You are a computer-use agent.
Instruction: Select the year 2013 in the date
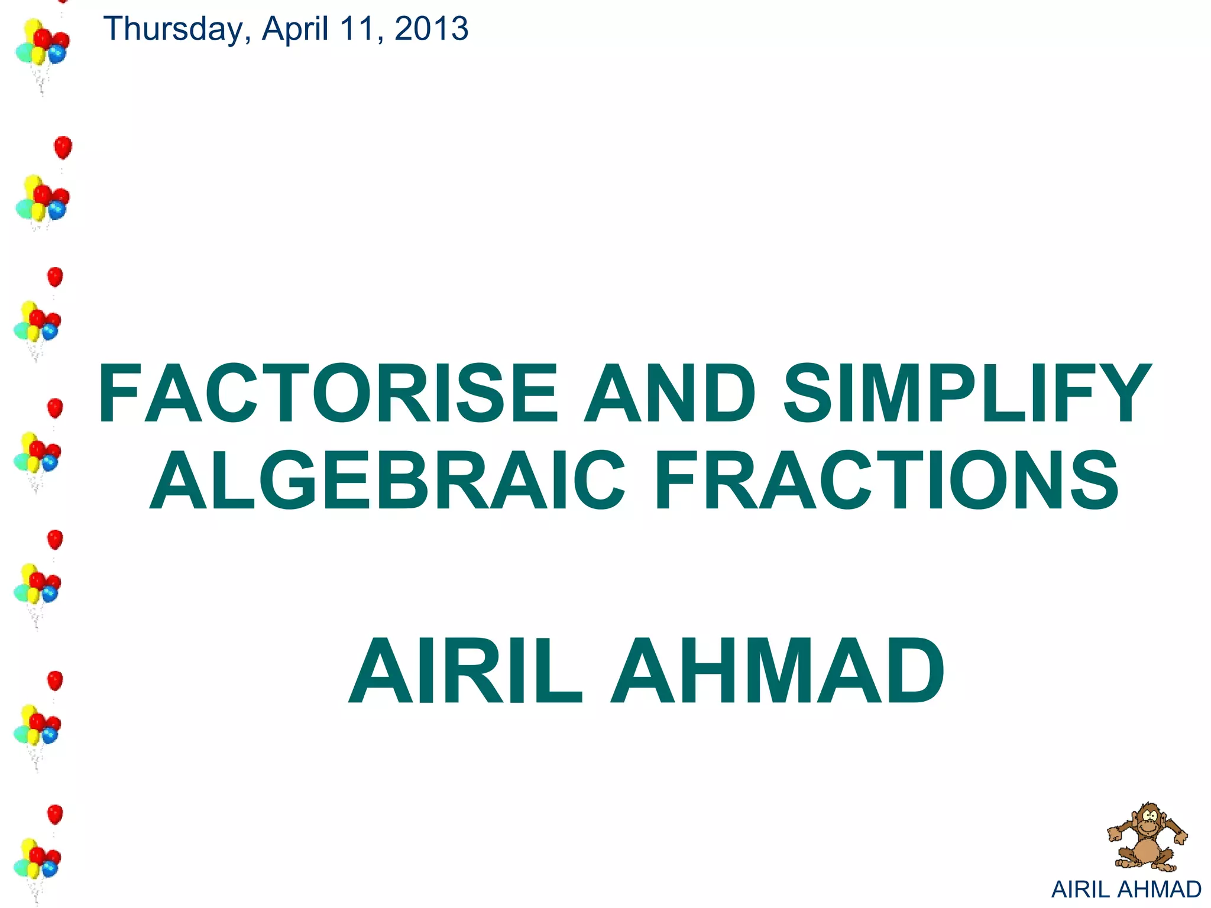[431, 29]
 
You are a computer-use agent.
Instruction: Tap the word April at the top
[295, 30]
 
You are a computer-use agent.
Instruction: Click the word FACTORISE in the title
[328, 394]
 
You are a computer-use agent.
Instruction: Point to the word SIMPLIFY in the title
[967, 394]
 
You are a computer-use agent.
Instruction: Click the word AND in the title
[669, 394]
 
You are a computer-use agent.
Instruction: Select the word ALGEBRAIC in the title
[387, 480]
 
